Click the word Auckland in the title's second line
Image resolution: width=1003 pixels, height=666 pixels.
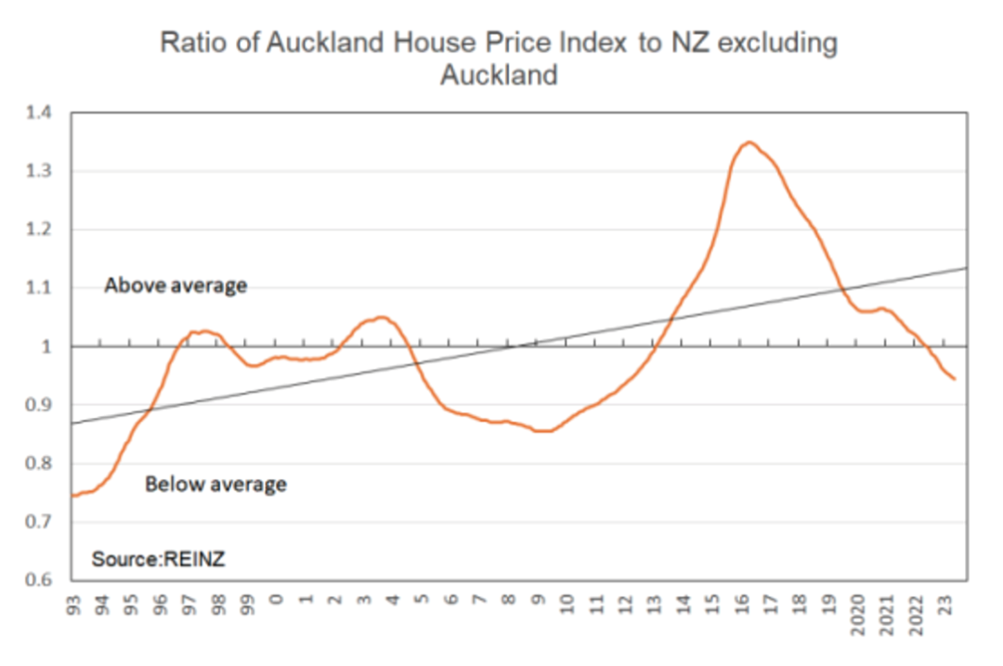click(x=499, y=75)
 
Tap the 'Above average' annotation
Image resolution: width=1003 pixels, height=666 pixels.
click(x=176, y=285)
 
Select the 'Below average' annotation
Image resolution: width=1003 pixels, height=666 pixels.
click(x=215, y=484)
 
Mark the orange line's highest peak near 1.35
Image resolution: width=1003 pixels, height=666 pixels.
click(x=749, y=142)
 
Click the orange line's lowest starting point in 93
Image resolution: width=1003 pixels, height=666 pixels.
click(x=73, y=495)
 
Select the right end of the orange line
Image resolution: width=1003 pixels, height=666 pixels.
click(x=954, y=378)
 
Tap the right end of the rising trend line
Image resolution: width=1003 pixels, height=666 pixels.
click(x=967, y=268)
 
